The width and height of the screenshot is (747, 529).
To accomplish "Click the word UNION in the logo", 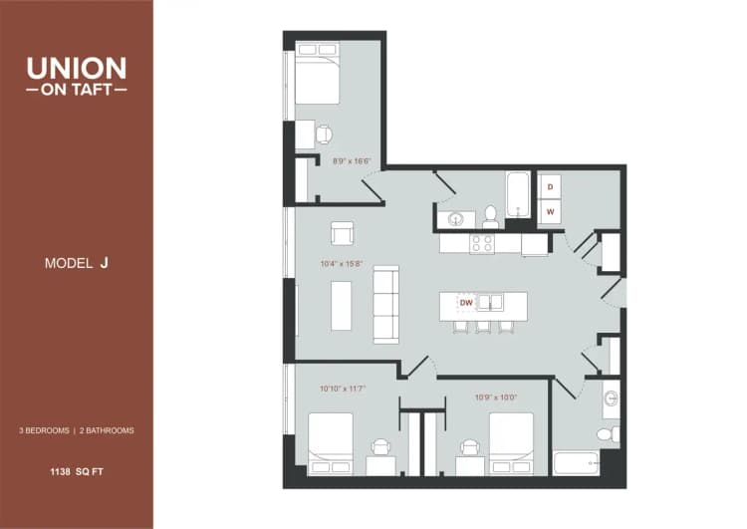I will tap(77, 68).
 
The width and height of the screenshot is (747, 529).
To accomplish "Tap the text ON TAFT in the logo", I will tap(77, 89).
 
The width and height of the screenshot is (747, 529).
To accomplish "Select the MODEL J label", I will tap(77, 263).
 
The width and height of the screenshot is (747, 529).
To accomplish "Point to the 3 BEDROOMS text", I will tap(44, 430).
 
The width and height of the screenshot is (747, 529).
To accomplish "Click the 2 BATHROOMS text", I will tap(107, 430).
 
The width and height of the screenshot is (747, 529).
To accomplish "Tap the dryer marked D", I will tap(550, 187).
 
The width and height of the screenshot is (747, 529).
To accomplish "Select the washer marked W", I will tap(550, 211).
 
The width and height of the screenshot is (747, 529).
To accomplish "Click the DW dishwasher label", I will tap(465, 302).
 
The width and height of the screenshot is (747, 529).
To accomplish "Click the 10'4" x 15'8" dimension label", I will tap(341, 264).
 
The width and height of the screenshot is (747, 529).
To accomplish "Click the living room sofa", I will tap(385, 305).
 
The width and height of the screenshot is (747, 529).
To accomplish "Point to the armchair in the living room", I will tap(343, 233).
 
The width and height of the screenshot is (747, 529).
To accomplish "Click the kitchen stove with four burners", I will tap(482, 242).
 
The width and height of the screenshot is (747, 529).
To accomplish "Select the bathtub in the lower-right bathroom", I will tap(576, 463).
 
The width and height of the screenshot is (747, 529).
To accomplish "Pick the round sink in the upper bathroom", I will tap(456, 218).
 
